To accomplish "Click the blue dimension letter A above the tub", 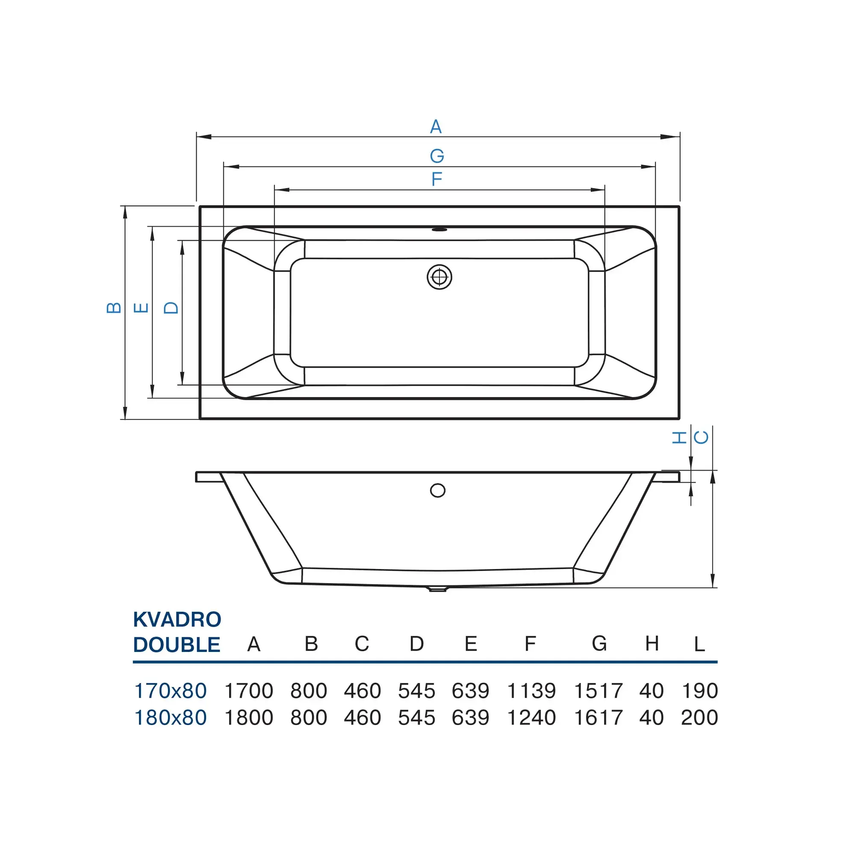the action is pos(436,127).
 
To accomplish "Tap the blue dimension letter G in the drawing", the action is pos(437,156).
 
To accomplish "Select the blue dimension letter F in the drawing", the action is pos(437,179).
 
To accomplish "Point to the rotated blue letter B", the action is pos(114,307).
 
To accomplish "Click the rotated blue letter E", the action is pos(141,307).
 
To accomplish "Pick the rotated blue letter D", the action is pos(171,307).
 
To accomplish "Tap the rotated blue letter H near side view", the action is pos(679,438).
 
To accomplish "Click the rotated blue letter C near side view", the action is pos(701,438).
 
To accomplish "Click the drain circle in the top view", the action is pos(439,277).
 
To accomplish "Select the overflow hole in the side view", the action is pos(438,491).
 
